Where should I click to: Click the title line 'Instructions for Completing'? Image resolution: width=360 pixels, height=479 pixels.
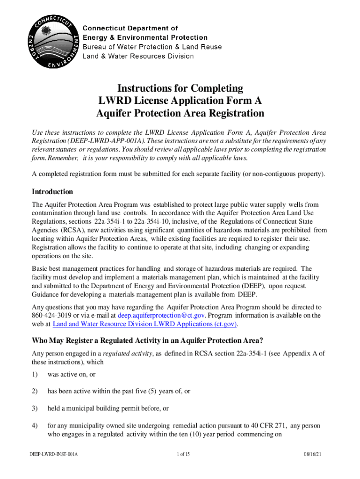click(x=180, y=88)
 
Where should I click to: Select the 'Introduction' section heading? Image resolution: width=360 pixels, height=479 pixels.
click(x=52, y=192)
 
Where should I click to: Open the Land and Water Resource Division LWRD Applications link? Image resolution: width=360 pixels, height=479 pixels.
click(x=145, y=324)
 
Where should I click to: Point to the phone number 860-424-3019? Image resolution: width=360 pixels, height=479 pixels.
click(x=50, y=315)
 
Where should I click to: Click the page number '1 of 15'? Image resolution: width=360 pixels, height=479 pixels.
click(x=180, y=467)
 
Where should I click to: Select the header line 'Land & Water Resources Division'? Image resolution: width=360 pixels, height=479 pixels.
click(x=138, y=56)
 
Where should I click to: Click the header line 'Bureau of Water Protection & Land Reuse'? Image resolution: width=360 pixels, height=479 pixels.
click(x=152, y=47)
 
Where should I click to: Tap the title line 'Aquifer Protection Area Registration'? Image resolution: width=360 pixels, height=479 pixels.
click(x=180, y=114)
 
